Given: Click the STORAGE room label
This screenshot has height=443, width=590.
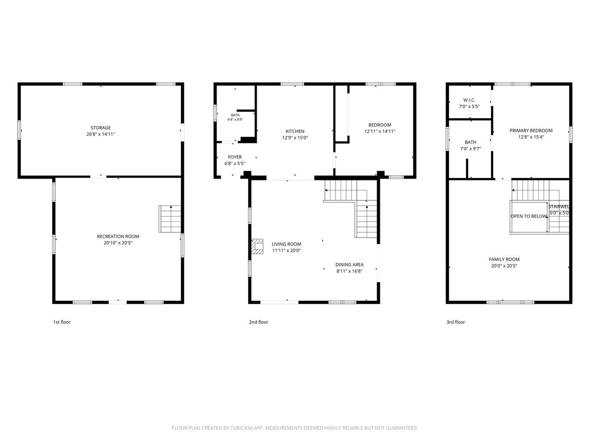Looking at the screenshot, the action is click(100, 128).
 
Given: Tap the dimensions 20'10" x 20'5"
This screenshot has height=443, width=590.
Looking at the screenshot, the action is click(118, 243).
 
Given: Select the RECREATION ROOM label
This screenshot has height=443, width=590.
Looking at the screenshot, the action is click(118, 236).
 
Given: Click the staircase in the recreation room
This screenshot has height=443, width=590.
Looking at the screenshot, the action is click(170, 219).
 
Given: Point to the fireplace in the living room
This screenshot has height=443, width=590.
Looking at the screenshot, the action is click(257, 246).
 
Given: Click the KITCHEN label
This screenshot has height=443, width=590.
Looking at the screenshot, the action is click(295, 131).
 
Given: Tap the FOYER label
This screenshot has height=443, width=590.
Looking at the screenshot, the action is click(235, 157).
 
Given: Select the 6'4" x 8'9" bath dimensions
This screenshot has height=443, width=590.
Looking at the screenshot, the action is click(235, 120).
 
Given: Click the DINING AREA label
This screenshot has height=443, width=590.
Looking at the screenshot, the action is click(349, 265).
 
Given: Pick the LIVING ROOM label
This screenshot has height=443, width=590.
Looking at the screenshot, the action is click(286, 244).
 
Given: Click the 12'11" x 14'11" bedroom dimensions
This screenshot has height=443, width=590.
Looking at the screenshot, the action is click(379, 132).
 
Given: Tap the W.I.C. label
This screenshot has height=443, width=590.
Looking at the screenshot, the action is click(469, 100).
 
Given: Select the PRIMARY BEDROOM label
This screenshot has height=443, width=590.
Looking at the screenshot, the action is click(531, 131).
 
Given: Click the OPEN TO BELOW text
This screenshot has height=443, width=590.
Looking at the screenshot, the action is click(529, 216).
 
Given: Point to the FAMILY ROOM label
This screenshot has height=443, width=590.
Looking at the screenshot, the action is click(504, 259).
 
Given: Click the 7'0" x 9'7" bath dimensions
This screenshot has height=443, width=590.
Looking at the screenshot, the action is click(470, 149).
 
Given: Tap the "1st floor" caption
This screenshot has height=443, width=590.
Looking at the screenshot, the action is click(62, 322).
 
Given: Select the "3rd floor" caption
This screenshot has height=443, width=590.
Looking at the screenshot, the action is click(455, 322).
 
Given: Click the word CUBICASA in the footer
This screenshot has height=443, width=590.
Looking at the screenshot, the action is click(241, 428).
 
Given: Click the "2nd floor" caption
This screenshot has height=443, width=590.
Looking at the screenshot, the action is click(258, 322).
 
